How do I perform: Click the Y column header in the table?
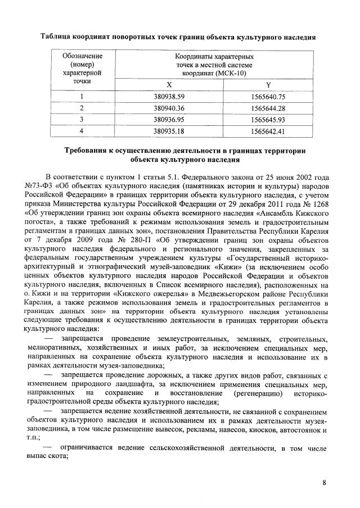click(268, 84)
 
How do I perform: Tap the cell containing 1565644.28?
click(268, 108)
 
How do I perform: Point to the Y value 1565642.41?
click(268, 131)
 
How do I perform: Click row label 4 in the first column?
click(82, 131)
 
